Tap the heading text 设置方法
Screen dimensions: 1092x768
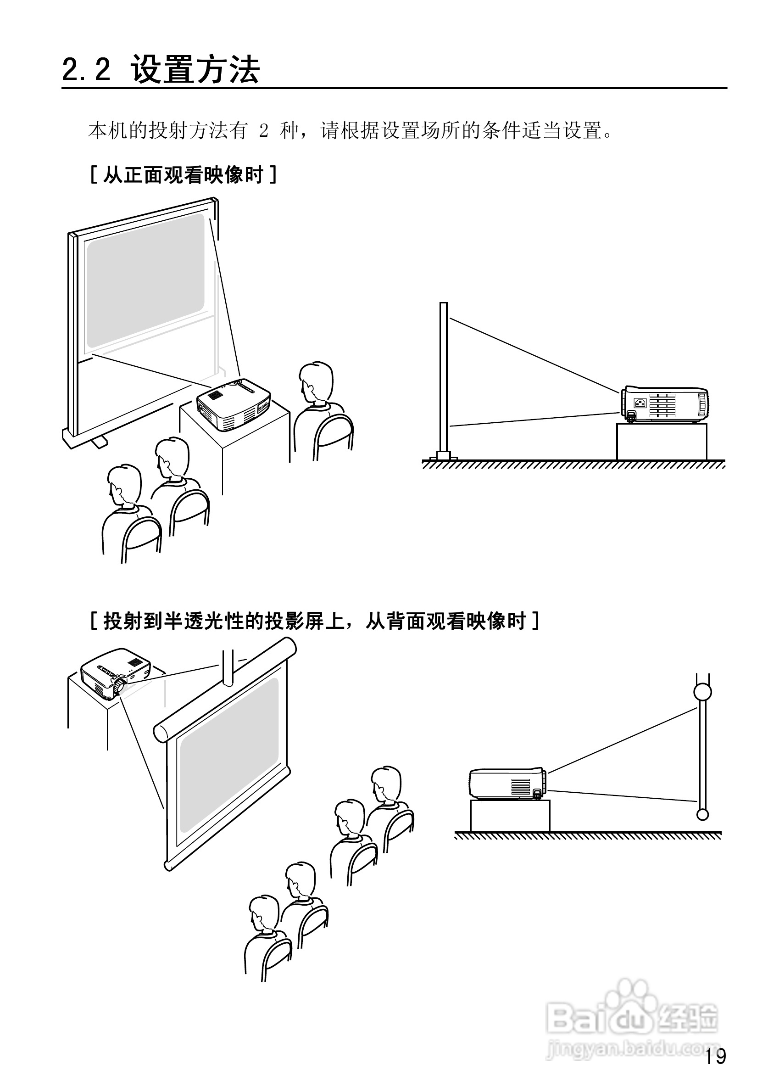pyautogui.click(x=195, y=69)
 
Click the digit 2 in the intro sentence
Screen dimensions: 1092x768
pyautogui.click(x=264, y=130)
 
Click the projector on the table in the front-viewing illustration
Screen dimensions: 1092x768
pyautogui.click(x=234, y=404)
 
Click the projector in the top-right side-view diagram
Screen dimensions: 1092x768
pyautogui.click(x=665, y=404)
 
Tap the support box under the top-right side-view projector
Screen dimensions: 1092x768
pyautogui.click(x=661, y=442)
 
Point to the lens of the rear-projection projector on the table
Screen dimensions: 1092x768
pyautogui.click(x=119, y=686)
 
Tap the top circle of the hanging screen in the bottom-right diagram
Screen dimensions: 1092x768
pyautogui.click(x=702, y=692)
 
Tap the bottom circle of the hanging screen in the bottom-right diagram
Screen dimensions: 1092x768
pyautogui.click(x=702, y=815)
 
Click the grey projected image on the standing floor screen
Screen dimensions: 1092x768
pyautogui.click(x=145, y=280)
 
